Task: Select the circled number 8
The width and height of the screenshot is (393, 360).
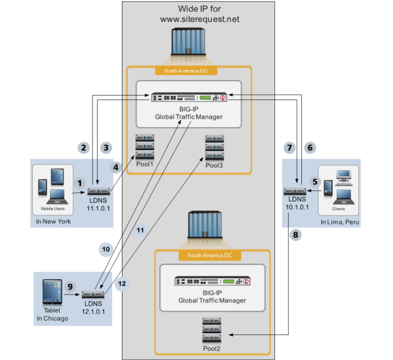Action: [296, 234]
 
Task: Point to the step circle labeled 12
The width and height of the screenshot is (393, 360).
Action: [121, 284]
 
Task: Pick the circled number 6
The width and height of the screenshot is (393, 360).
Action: [310, 148]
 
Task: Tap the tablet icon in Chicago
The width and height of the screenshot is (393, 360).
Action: [52, 289]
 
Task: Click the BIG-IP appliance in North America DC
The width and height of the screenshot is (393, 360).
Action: [188, 98]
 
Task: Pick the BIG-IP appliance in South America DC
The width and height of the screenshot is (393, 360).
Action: [212, 280]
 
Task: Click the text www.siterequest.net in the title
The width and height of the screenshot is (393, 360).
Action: [200, 20]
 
